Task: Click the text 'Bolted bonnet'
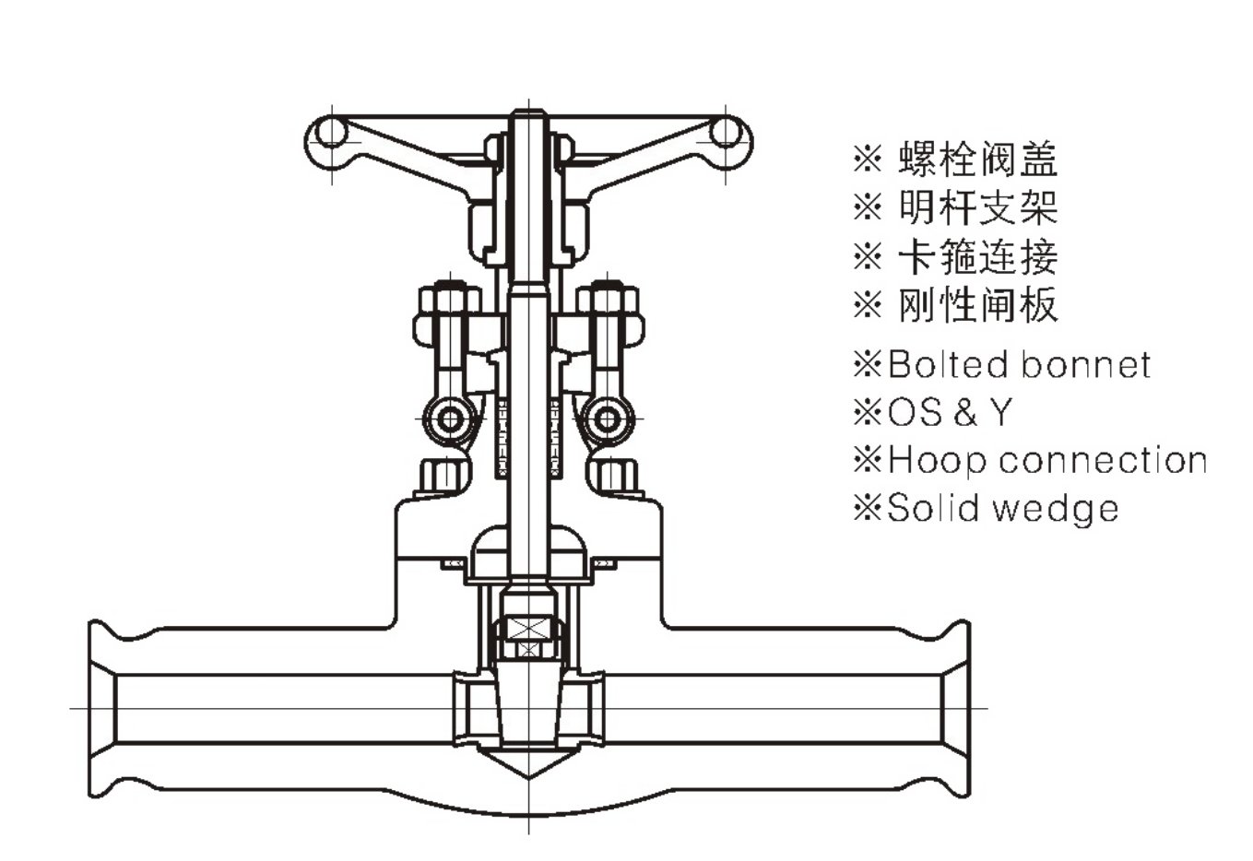point(1019,365)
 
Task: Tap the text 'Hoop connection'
point(1046,459)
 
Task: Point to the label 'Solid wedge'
point(1002,508)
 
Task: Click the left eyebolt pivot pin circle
point(451,420)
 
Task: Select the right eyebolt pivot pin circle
point(606,420)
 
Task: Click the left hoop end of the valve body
point(103,708)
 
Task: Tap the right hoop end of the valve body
point(955,708)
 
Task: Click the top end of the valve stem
point(528,116)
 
